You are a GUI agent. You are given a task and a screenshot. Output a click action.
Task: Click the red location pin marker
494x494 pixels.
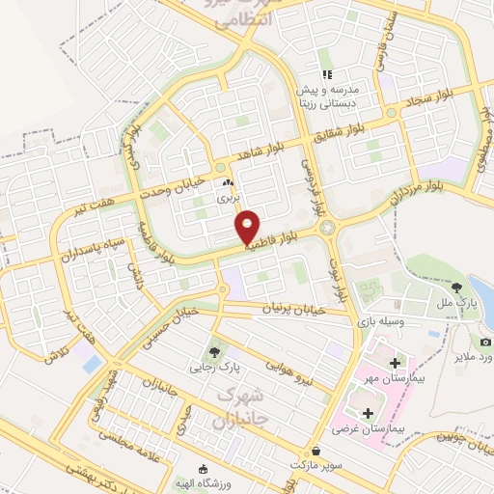point(248,226)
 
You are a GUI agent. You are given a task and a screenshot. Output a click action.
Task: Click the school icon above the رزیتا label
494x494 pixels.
point(327,73)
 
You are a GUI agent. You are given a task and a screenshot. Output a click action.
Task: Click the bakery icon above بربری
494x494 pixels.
point(229,182)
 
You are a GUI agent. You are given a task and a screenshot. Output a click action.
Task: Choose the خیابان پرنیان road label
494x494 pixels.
point(288,308)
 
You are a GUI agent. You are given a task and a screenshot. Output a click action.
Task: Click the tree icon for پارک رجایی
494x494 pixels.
point(213,351)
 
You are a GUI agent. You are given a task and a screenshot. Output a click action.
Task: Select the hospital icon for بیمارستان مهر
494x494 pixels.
point(394,363)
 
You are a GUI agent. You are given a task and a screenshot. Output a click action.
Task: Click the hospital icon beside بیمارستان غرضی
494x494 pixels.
point(367,413)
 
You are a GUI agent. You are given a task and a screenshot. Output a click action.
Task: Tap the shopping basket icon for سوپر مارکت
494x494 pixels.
point(316,451)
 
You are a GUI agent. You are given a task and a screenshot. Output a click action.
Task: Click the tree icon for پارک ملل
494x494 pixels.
point(456,287)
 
